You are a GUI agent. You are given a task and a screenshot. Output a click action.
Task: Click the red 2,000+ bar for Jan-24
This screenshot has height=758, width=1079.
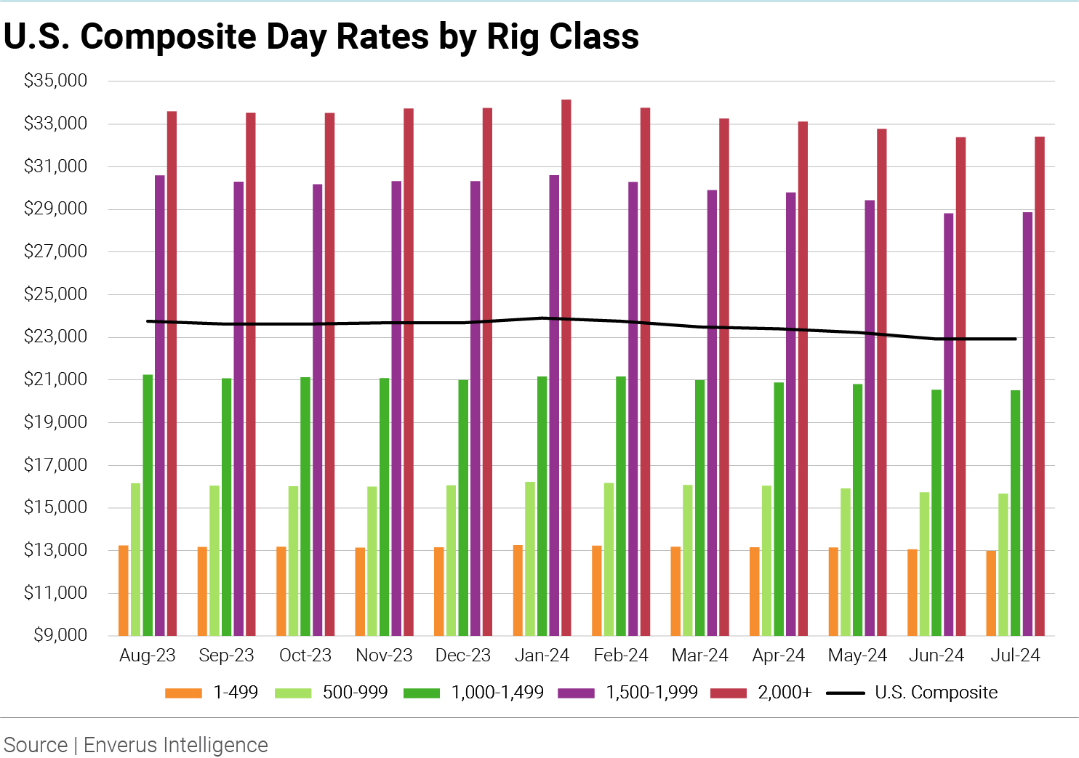click(566, 367)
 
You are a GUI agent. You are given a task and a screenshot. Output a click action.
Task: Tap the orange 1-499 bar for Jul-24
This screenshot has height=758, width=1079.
click(991, 592)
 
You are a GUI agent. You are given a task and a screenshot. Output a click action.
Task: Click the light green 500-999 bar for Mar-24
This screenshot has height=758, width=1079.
click(688, 560)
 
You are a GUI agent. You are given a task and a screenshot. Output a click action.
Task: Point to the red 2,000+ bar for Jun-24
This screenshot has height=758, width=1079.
click(960, 386)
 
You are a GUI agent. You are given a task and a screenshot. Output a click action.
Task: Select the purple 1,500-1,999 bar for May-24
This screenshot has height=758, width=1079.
click(870, 417)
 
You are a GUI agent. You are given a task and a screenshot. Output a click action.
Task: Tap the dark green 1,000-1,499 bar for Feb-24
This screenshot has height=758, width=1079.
click(621, 506)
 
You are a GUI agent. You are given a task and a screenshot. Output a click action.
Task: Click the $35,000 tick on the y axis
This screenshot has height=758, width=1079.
click(55, 81)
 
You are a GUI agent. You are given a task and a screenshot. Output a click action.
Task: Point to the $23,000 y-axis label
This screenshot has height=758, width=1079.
click(55, 336)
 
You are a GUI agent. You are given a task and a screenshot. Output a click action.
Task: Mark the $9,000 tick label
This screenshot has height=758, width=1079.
click(60, 635)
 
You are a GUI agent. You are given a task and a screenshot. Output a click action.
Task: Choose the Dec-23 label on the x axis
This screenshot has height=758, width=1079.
click(463, 656)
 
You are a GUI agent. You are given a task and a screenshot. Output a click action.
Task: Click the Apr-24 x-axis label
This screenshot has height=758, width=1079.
click(779, 656)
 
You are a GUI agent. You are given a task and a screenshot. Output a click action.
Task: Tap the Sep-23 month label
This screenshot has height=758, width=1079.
click(226, 656)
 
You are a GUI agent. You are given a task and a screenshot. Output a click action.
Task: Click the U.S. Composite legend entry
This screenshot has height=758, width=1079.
click(912, 693)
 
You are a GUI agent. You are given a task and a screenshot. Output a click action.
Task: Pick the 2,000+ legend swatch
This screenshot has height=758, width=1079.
click(729, 693)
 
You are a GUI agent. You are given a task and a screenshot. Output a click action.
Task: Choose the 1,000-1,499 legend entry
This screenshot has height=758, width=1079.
click(474, 693)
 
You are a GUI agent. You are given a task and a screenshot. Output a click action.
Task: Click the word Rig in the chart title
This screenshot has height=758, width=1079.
click(513, 36)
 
